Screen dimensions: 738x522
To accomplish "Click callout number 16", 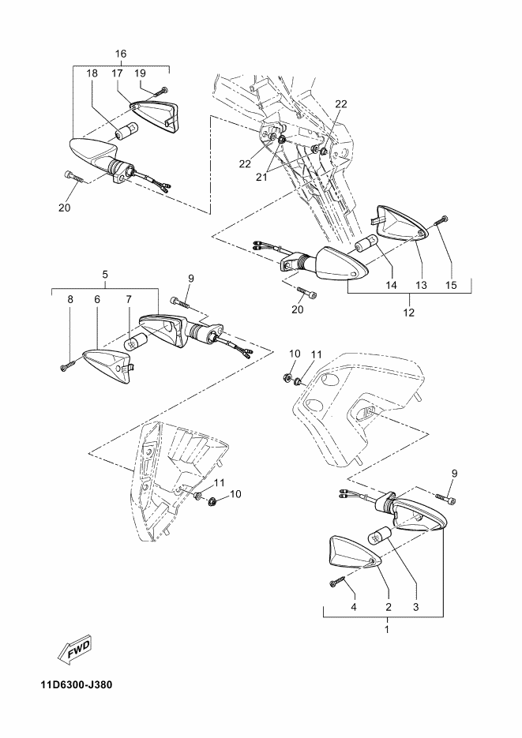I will [x=121, y=54].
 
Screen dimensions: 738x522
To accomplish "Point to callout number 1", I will [x=387, y=629].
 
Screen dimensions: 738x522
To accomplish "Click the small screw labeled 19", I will [x=163, y=91].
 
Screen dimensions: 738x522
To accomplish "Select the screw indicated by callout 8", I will [x=66, y=365].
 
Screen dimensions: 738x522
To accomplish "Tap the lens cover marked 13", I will [x=400, y=225].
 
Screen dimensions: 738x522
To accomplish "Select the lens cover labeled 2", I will [x=352, y=553].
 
